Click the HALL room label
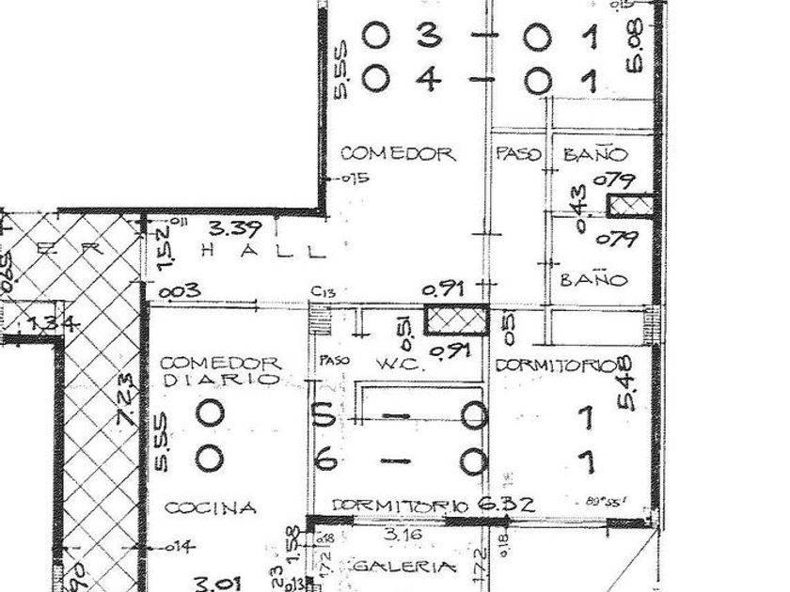click(266, 252)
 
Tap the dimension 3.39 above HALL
click(229, 228)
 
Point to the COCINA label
click(211, 508)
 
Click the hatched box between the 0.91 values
click(455, 319)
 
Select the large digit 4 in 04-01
click(430, 80)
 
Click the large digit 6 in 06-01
click(324, 460)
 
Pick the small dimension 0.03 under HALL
click(178, 291)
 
